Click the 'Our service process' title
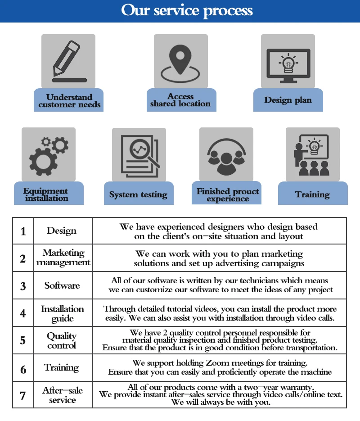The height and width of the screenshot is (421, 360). pyautogui.click(x=187, y=10)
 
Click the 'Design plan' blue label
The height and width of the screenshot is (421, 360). pyautogui.click(x=288, y=100)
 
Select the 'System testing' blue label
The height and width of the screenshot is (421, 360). pyautogui.click(x=138, y=195)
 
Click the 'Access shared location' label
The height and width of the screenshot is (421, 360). pyautogui.click(x=180, y=100)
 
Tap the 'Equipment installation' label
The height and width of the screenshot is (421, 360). pyautogui.click(x=46, y=195)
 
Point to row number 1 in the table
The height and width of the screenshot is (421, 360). pyautogui.click(x=23, y=231)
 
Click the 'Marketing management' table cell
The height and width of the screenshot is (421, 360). pyautogui.click(x=63, y=258)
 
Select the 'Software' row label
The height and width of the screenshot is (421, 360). pyautogui.click(x=62, y=285)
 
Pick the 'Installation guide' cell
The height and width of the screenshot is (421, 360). pyautogui.click(x=63, y=313)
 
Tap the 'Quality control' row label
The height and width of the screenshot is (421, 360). pyautogui.click(x=62, y=341)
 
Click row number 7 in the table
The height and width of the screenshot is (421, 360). pyautogui.click(x=23, y=396)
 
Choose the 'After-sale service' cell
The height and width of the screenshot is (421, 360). pyautogui.click(x=63, y=395)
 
